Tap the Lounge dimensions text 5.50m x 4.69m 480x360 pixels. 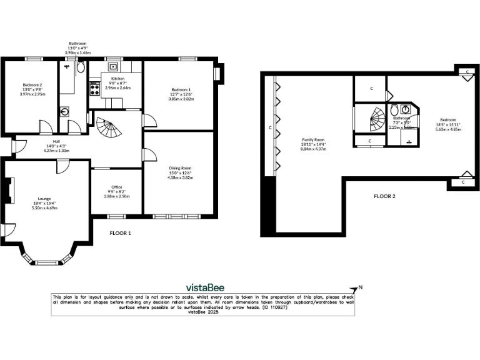click(x=44, y=208)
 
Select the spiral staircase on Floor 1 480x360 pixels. click(x=111, y=129)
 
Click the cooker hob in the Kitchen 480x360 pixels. click(x=96, y=88)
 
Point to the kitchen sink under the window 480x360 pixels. click(x=114, y=66)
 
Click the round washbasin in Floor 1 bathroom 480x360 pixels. click(x=65, y=112)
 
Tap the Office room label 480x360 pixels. click(x=116, y=186)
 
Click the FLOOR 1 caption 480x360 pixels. click(x=119, y=233)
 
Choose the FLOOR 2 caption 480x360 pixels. click(x=384, y=196)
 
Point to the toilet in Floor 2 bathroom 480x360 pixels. click(x=404, y=109)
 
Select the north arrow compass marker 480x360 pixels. click(x=357, y=289)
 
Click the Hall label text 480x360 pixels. click(x=56, y=141)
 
